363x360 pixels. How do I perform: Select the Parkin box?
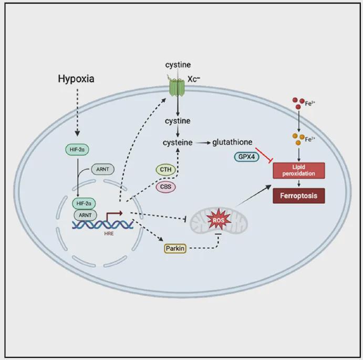[x=175, y=248]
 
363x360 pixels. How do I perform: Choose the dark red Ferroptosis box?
[x=299, y=196]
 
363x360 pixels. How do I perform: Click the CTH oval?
[x=165, y=170]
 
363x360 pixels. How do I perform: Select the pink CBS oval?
[x=165, y=187]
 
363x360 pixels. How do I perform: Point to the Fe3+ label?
[x=310, y=105]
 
